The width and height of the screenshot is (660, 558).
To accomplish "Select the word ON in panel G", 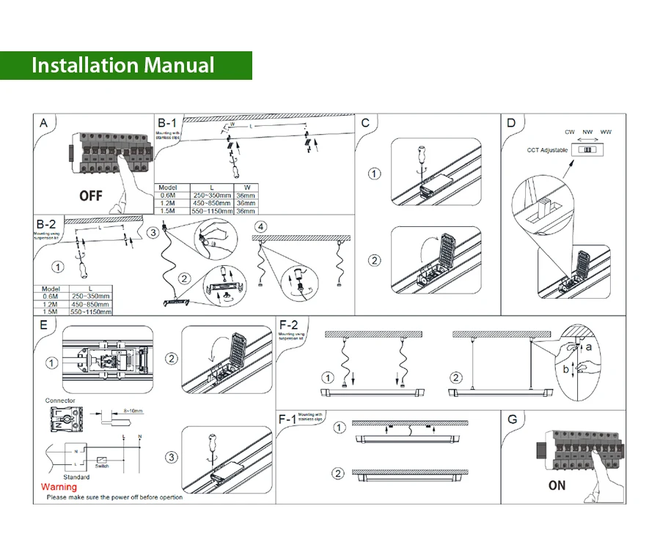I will point(557,486).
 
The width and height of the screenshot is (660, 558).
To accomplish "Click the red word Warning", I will point(59,487).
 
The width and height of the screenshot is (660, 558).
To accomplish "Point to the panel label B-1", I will point(166,122).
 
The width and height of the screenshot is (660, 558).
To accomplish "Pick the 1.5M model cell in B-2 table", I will point(51,311).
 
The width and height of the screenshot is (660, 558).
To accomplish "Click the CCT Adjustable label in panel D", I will point(547,150).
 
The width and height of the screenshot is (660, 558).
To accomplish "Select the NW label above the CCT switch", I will point(587,132).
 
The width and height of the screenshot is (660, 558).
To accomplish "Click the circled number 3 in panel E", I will point(171,457).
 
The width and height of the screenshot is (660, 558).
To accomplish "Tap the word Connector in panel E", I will point(59,401).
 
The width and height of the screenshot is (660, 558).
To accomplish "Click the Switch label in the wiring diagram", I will point(102,466).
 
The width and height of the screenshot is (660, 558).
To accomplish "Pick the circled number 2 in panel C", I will point(375,260).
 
